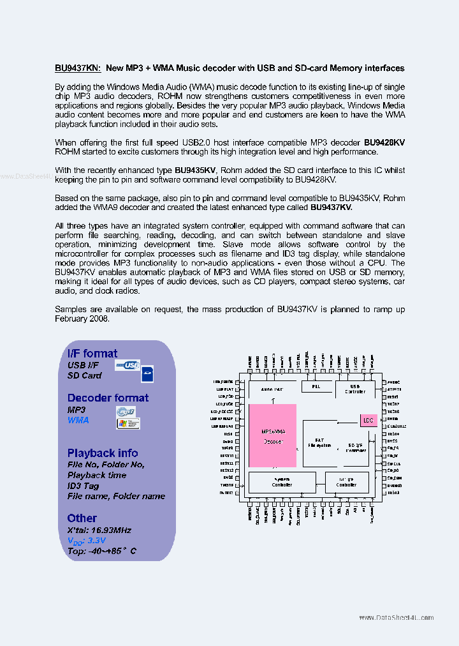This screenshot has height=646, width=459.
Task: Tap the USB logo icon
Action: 127,365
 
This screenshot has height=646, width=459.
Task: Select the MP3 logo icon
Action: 126,412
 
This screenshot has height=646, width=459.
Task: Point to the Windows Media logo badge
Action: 128,423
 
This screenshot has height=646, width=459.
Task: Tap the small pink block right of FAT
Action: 368,420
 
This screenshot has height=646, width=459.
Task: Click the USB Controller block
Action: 354,389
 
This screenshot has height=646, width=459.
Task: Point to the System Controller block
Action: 282,482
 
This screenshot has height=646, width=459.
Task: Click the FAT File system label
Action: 319,442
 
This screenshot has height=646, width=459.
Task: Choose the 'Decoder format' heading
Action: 108,398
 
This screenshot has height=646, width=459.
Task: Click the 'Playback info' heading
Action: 103,453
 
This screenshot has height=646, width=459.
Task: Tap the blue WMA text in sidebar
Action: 78,420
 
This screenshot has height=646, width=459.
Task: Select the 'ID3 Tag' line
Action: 84,486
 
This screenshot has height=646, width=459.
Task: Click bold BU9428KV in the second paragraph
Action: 384,143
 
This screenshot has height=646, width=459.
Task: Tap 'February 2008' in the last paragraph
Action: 82,319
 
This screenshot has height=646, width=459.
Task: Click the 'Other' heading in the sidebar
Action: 82,518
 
